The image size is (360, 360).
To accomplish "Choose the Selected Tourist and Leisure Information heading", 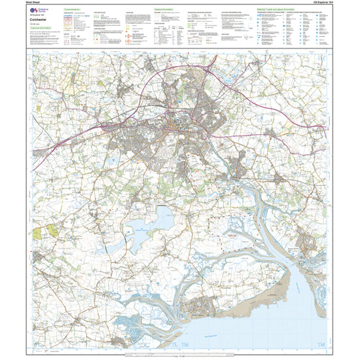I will [x=287, y=10].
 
